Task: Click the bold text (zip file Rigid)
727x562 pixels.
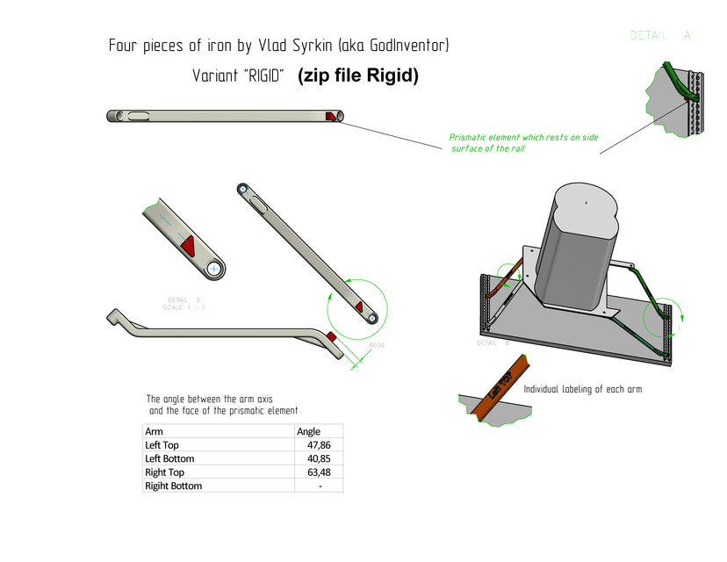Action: coord(358,76)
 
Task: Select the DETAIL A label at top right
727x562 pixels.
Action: coord(660,36)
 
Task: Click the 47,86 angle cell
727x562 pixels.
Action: coord(320,445)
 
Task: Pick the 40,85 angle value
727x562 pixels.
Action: coord(320,458)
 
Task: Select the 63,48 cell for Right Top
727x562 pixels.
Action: coord(320,472)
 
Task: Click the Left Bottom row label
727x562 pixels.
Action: coord(169,458)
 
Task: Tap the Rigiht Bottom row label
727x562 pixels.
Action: coord(173,486)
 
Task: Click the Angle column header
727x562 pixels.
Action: coord(309,431)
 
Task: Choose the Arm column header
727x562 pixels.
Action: coord(154,431)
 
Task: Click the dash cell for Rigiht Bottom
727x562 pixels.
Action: coord(320,486)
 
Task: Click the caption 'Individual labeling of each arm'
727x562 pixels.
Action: coord(582,389)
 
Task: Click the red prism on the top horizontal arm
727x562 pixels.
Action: coord(331,117)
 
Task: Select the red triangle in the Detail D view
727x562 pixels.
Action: coord(188,248)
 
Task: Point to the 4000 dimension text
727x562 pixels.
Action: coord(375,345)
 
